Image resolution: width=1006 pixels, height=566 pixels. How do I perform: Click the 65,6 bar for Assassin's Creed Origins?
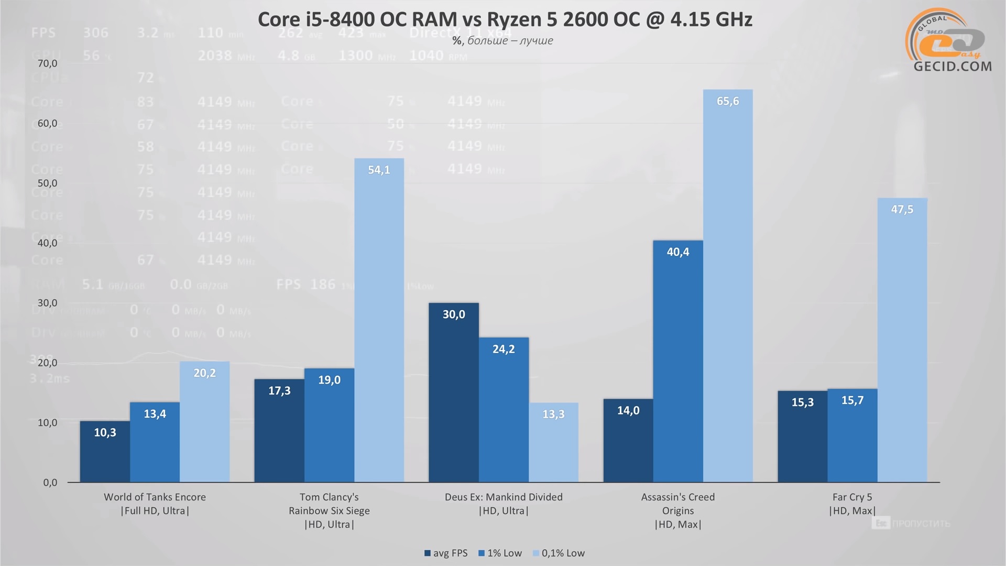(x=728, y=286)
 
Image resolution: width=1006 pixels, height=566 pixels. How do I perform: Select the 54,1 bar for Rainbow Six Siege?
(x=379, y=320)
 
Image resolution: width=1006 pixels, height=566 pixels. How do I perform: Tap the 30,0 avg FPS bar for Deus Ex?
(x=454, y=393)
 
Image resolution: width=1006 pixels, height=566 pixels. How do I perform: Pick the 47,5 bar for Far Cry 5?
(x=902, y=340)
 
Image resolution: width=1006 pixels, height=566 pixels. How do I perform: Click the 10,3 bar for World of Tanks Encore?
(x=105, y=451)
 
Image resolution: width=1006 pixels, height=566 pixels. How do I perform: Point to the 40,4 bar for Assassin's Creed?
(x=678, y=361)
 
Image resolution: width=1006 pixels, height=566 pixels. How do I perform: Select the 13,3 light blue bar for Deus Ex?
(x=553, y=442)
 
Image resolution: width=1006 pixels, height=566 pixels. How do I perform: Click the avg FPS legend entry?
(x=446, y=553)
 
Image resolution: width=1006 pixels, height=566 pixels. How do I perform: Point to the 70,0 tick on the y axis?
(x=47, y=63)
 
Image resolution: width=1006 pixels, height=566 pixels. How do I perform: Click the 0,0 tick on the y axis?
(x=50, y=483)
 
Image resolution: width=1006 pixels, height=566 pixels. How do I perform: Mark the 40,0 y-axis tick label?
(x=47, y=243)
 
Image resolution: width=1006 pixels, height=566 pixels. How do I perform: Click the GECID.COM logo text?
(x=953, y=67)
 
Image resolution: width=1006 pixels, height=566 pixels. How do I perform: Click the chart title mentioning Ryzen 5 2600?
(x=505, y=19)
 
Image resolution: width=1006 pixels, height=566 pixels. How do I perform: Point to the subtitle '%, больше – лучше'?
(x=502, y=41)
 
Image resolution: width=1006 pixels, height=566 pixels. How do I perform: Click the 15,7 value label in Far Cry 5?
(x=852, y=400)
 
